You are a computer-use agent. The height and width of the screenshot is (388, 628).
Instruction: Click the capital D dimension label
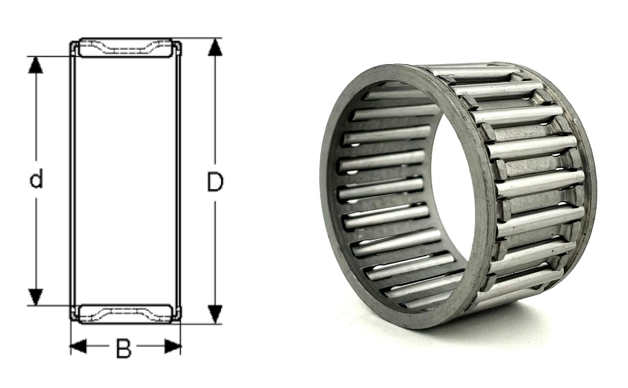(215, 181)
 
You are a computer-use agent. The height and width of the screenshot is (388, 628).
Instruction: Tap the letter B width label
(123, 348)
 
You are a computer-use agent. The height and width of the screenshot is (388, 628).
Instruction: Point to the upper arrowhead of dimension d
(36, 65)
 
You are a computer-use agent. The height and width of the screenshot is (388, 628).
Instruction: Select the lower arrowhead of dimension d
(36, 297)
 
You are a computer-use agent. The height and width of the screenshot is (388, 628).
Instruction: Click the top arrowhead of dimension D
(215, 47)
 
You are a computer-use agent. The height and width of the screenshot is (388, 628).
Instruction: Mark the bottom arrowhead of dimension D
(215, 315)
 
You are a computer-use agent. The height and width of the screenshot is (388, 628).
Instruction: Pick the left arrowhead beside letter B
(78, 347)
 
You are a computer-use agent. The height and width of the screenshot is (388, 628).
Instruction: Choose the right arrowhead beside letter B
(173, 347)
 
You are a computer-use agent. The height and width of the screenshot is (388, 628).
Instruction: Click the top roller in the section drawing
(126, 48)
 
